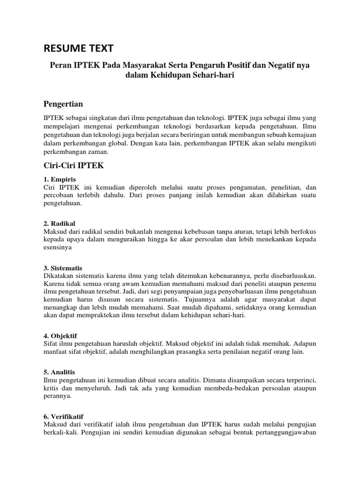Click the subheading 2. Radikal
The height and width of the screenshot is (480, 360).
[59, 223]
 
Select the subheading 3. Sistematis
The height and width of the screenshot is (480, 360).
[63, 268]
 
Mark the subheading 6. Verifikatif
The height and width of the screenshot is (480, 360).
[63, 416]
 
